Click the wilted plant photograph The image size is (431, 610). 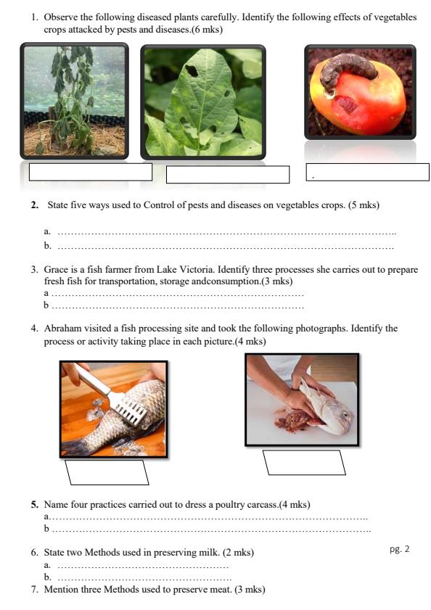coord(74,101)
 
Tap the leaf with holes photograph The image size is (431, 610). coord(202,102)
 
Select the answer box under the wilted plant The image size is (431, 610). coord(90,172)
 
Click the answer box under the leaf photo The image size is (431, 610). coord(227,175)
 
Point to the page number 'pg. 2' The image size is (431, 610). coord(399,549)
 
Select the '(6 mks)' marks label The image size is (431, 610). coord(206,30)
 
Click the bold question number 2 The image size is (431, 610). coord(34,205)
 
